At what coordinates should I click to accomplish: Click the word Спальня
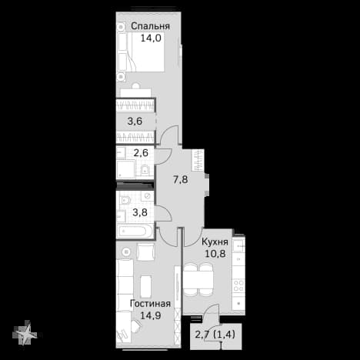point(150,26)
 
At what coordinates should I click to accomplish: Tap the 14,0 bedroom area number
point(151,38)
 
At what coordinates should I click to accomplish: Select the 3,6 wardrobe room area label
point(135,121)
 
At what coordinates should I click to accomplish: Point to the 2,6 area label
point(141,153)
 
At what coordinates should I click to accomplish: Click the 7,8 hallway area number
point(181,179)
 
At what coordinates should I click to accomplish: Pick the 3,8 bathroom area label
point(140,212)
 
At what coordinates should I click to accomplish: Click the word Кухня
point(215,242)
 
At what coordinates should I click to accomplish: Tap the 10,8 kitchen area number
point(215,254)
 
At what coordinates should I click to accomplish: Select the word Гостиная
point(150,304)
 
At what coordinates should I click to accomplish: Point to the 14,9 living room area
point(151,315)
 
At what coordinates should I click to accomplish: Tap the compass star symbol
point(25,333)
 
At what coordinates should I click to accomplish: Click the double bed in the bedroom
point(141,52)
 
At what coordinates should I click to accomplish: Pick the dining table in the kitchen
point(198,280)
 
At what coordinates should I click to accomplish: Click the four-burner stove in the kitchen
point(238,285)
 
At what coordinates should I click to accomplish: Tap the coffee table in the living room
point(146,286)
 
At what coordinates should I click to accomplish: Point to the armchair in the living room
point(145,252)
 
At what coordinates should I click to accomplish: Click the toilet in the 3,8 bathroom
point(125,200)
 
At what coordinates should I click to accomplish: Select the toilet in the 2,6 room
point(145,170)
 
